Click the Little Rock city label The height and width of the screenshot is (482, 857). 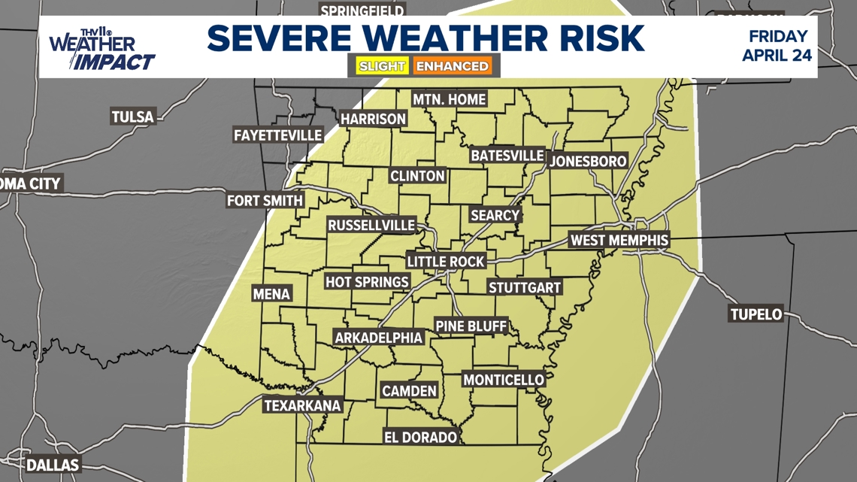[x=446, y=261]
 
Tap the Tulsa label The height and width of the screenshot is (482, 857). [x=132, y=117]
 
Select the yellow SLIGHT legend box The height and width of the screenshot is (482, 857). [x=382, y=66]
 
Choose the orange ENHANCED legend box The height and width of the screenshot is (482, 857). [x=453, y=66]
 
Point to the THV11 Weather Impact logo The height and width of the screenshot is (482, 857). [x=102, y=50]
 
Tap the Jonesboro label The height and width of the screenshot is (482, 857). [x=588, y=161]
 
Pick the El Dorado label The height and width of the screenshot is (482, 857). [x=420, y=437]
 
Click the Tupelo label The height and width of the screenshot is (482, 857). [x=756, y=314]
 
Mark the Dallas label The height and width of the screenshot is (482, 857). [x=53, y=465]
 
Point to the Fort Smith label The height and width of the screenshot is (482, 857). [x=265, y=201]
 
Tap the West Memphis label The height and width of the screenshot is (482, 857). [x=619, y=241]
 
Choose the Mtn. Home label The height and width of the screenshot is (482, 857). [x=449, y=99]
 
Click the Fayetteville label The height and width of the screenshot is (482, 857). [x=277, y=135]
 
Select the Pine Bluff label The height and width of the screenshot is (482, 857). [x=471, y=326]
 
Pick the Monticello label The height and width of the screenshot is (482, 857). [x=503, y=380]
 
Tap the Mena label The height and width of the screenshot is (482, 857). [x=271, y=294]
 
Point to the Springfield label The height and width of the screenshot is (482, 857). [x=362, y=10]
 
